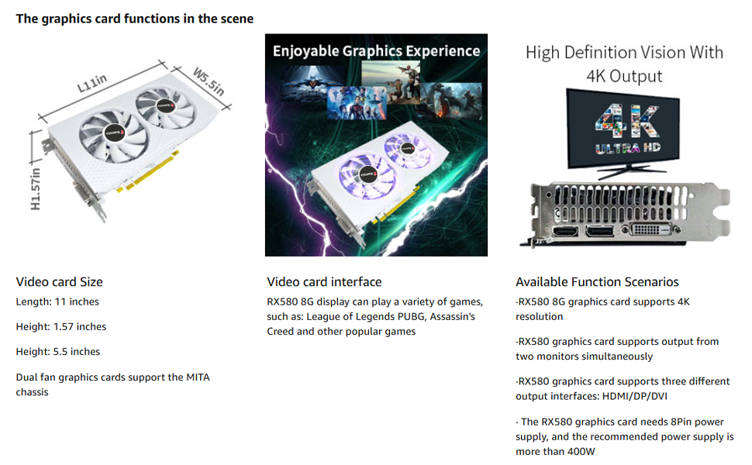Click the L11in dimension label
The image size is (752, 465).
(x=92, y=84)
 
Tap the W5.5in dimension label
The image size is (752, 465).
(x=209, y=81)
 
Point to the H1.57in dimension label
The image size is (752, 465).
(x=36, y=189)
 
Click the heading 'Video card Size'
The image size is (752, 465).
(x=60, y=282)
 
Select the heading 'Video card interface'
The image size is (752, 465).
(x=324, y=282)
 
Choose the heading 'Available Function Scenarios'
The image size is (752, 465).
(x=597, y=282)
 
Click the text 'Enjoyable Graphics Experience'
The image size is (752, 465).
(x=377, y=51)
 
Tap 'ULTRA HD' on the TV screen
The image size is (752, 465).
(x=628, y=148)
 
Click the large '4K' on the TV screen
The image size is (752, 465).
(x=627, y=122)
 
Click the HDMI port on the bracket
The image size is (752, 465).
(x=566, y=232)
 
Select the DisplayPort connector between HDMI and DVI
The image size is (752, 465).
(x=600, y=231)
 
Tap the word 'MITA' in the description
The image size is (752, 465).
(x=198, y=377)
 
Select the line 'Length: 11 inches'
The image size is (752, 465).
(x=57, y=302)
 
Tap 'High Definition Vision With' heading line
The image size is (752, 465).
(x=624, y=52)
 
